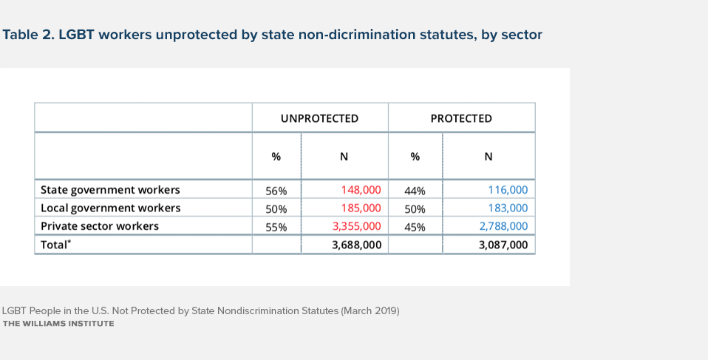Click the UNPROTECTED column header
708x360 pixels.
319,118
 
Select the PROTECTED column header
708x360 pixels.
461,118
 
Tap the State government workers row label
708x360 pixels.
110,190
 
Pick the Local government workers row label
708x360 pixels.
110,208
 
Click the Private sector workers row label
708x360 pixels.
100,226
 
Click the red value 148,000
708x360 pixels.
361,190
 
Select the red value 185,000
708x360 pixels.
361,208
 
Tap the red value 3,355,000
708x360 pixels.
356,226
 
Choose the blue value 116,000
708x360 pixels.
508,190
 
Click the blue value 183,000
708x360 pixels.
508,208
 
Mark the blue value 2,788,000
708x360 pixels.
503,226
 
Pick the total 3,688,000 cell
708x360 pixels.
356,244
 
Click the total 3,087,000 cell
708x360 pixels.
503,244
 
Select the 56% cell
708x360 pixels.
276,191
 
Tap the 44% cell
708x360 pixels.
415,191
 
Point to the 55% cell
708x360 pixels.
276,227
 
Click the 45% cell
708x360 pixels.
415,227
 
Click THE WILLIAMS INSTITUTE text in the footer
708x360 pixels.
58,324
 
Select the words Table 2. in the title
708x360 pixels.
29,35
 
